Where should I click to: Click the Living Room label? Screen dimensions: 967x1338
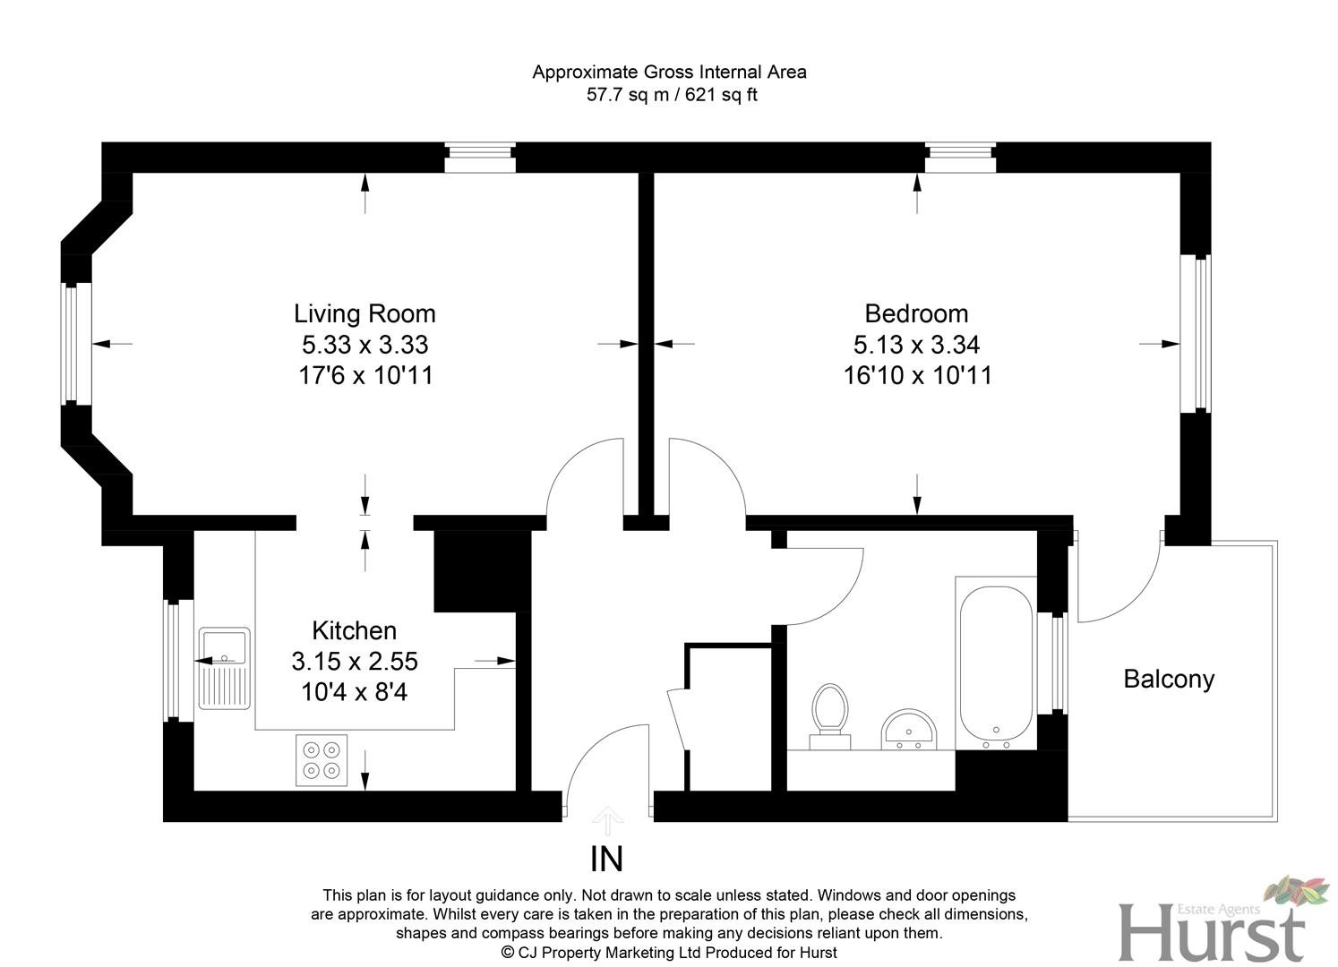(365, 313)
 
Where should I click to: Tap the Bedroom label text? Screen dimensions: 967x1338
(916, 313)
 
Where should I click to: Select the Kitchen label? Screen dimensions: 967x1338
(354, 630)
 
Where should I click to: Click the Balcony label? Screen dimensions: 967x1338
(1169, 679)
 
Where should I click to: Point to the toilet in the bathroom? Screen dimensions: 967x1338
(829, 713)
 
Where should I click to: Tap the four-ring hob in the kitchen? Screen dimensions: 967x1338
(322, 759)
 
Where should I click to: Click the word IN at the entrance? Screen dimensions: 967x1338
(606, 860)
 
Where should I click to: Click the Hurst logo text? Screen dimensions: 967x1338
(1211, 934)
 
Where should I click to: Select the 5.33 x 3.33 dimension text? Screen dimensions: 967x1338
(365, 345)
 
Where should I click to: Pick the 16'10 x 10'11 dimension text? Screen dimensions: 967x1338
(917, 375)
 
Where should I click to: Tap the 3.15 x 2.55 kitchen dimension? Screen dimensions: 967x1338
(354, 662)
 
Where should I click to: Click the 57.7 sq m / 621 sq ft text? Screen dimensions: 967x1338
(671, 95)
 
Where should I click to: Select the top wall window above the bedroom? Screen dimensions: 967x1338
(960, 158)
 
